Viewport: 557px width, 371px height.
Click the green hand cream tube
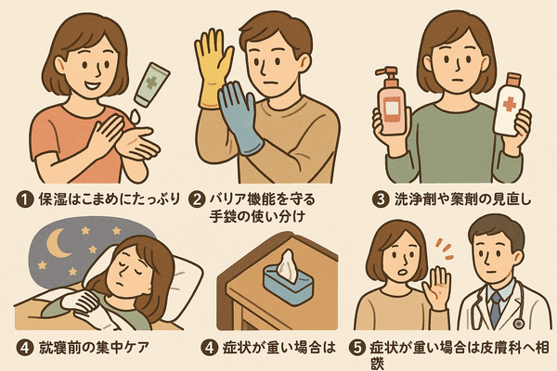152,84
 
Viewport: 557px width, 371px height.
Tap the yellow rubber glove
213,68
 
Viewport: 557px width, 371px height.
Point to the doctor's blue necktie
495,309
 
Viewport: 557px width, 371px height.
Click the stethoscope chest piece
518,324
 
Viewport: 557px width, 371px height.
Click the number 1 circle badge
24,199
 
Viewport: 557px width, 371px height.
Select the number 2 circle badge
197,199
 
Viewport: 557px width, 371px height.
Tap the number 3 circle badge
381,199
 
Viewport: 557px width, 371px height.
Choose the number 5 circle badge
357,348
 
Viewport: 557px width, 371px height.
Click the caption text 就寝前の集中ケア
94,348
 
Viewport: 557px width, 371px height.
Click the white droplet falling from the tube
135,116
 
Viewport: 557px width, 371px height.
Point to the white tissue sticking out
287,266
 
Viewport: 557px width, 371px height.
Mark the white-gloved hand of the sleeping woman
80,304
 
